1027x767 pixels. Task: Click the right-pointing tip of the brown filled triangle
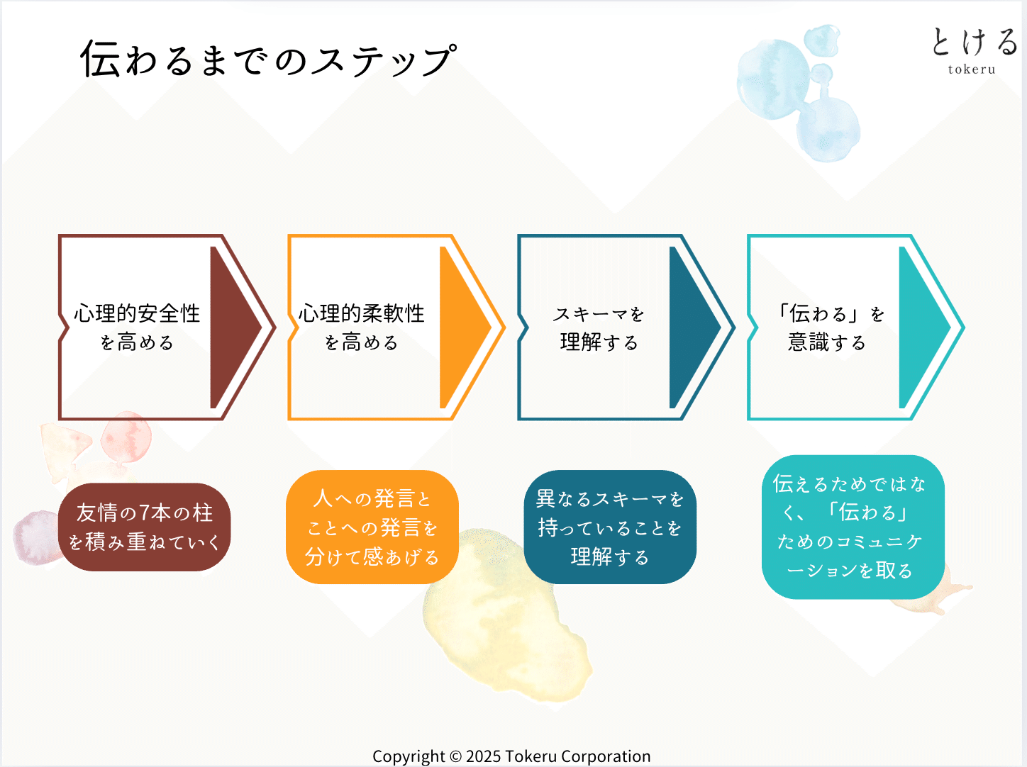click(x=262, y=327)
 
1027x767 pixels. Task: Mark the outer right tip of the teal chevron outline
click(x=965, y=327)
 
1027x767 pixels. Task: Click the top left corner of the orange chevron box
click(x=289, y=235)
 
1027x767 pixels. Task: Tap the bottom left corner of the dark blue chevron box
click(x=518, y=419)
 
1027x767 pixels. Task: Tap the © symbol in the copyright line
click(x=455, y=756)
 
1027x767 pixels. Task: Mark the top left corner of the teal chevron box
click(x=748, y=235)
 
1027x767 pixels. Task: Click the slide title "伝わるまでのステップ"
click(x=269, y=59)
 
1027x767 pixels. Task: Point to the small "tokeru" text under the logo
click(x=972, y=69)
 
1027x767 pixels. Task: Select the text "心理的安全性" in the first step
click(x=137, y=313)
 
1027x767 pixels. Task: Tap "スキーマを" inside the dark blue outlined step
click(x=599, y=314)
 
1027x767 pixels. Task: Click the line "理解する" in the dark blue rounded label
click(x=610, y=556)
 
